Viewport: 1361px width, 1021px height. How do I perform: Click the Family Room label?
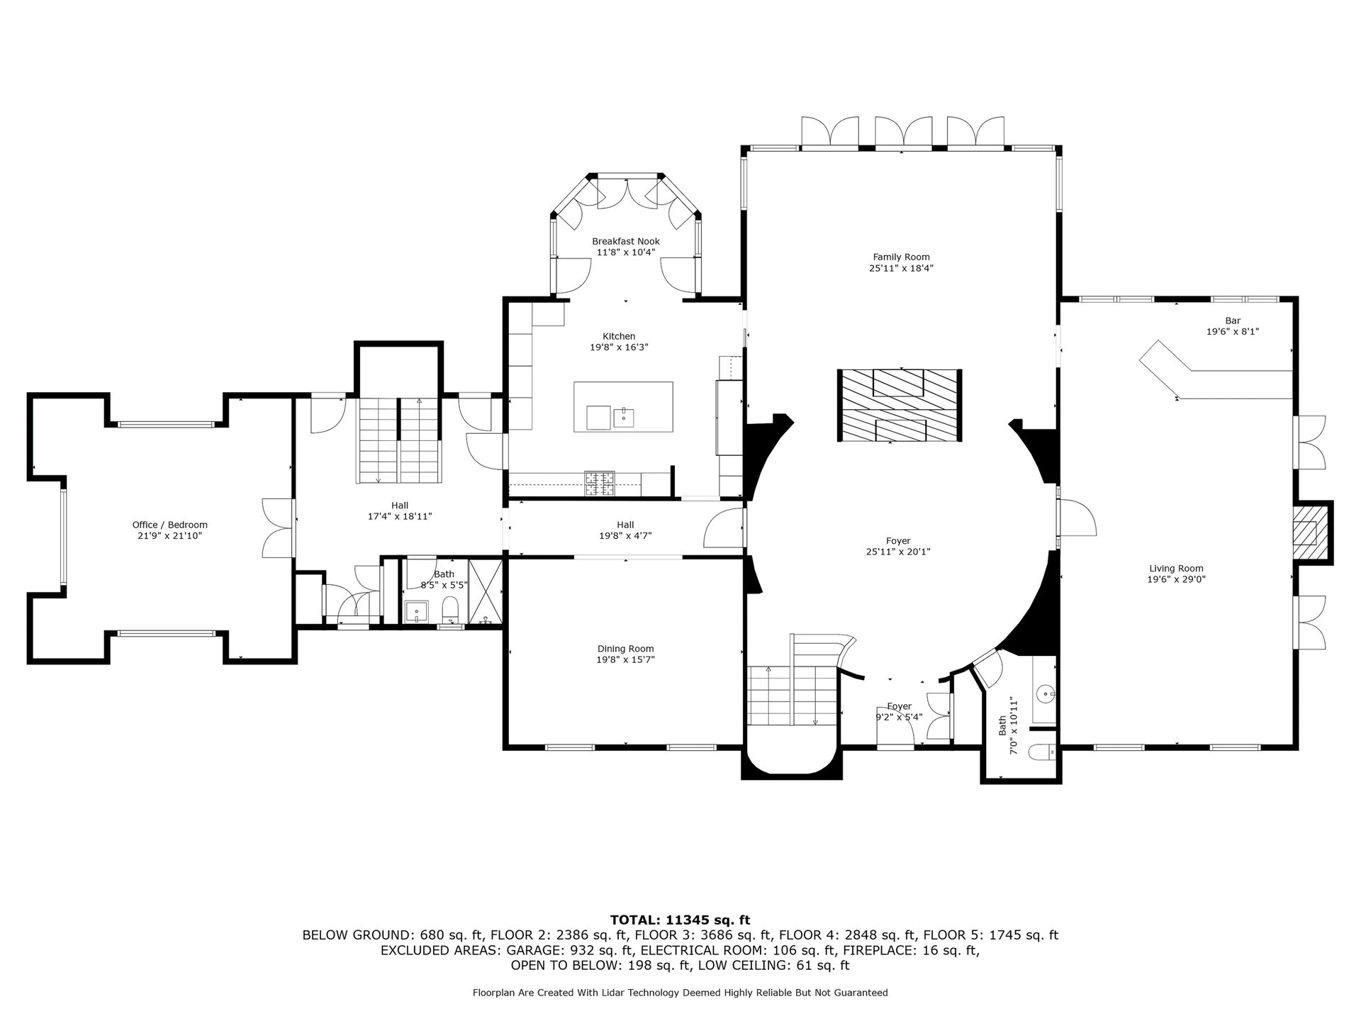click(901, 257)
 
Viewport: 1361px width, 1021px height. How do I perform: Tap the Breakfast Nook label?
click(626, 242)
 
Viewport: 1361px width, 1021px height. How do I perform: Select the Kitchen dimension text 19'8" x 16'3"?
click(619, 347)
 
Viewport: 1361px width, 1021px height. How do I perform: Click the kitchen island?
click(623, 407)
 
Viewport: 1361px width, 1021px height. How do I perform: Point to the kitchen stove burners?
click(600, 484)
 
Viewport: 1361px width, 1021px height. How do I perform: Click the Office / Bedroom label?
click(170, 525)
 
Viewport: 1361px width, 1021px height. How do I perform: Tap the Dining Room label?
click(625, 649)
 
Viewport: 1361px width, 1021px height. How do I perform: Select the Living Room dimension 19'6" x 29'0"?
click(1177, 579)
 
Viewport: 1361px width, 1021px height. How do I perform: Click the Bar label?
click(1233, 321)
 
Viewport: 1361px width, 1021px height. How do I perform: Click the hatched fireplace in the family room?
click(900, 406)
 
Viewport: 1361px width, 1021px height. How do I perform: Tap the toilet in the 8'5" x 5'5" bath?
click(450, 610)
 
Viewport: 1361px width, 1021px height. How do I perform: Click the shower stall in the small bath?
click(486, 591)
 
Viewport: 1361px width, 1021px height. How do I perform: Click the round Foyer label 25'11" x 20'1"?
click(898, 546)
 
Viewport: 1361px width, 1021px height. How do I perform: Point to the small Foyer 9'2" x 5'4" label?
click(899, 712)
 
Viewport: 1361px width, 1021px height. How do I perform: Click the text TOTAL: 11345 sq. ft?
click(680, 920)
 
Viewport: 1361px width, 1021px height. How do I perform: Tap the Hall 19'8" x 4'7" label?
click(625, 530)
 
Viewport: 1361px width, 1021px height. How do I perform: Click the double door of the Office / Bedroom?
click(279, 528)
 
